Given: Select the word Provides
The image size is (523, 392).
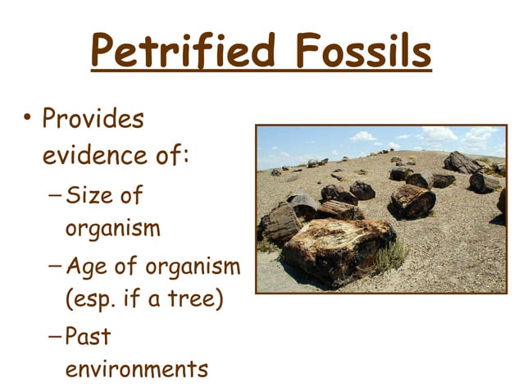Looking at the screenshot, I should [93, 120].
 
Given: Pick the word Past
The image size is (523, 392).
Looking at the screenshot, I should [88, 335].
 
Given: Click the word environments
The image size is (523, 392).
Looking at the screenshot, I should [136, 369].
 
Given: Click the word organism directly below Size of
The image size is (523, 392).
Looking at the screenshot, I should [113, 230].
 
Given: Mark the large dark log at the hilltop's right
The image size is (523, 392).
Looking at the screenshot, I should [461, 162].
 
